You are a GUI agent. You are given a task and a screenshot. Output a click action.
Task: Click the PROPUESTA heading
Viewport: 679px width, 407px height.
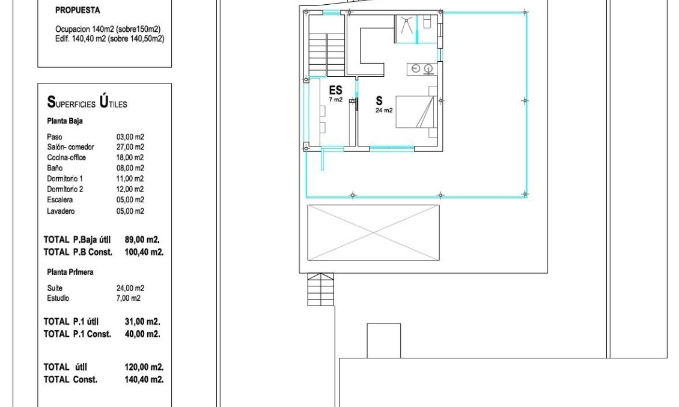78,10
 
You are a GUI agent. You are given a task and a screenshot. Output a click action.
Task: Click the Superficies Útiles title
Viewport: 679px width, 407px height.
87,102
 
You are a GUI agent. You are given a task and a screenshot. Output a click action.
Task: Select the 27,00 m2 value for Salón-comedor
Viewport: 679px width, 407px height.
130,147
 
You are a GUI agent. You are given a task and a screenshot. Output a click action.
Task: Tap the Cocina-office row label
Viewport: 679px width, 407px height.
66,157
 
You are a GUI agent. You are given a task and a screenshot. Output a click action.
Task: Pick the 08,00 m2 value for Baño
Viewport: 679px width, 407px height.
130,168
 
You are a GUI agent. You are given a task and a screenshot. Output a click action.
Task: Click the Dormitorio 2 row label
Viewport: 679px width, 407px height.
65,189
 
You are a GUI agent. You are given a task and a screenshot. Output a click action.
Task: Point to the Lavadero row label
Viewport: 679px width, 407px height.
61,211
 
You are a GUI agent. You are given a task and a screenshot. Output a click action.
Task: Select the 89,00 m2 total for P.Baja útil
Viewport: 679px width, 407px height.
142,240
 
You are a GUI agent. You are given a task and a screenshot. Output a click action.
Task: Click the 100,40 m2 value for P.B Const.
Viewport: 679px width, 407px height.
144,252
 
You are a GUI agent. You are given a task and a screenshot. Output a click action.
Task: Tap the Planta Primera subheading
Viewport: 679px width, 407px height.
70,272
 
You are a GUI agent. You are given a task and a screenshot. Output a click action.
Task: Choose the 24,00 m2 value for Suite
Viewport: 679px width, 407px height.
130,288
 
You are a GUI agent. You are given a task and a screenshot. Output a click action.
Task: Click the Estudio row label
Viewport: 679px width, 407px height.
58,298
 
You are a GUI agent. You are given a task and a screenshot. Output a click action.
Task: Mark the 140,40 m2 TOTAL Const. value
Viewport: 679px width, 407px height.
144,380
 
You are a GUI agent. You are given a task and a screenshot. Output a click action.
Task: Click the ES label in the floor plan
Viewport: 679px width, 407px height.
336,90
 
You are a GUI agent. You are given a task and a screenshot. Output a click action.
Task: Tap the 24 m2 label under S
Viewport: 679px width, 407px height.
384,110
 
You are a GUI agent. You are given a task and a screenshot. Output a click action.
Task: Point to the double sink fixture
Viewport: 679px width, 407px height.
422,69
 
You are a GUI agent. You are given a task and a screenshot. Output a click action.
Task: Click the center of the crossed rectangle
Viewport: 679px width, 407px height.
374,233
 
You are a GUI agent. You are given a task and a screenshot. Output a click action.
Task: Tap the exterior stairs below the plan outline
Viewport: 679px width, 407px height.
321,289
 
